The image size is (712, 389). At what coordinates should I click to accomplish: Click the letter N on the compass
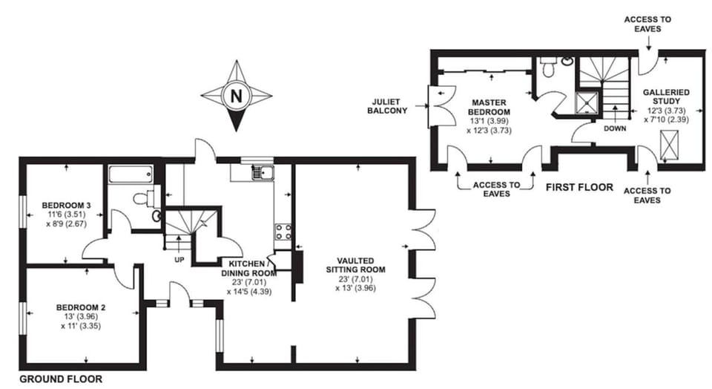[x=236, y=96]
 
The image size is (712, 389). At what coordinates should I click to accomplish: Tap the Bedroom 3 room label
[x=66, y=205]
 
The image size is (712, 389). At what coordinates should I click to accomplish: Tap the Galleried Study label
[x=666, y=97]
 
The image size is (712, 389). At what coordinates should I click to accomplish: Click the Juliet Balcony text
[x=388, y=106]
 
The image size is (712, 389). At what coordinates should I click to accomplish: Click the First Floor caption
[x=579, y=187]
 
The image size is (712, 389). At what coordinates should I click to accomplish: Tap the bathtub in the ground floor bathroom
[x=131, y=174]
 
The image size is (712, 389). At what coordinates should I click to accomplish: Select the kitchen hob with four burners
[x=283, y=231]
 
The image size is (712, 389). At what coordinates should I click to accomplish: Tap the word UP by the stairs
[x=179, y=259]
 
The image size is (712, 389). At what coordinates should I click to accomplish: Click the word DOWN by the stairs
[x=616, y=128]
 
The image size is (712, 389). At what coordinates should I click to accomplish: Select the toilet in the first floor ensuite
[x=547, y=68]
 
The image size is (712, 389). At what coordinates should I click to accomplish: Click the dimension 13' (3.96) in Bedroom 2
[x=77, y=316]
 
